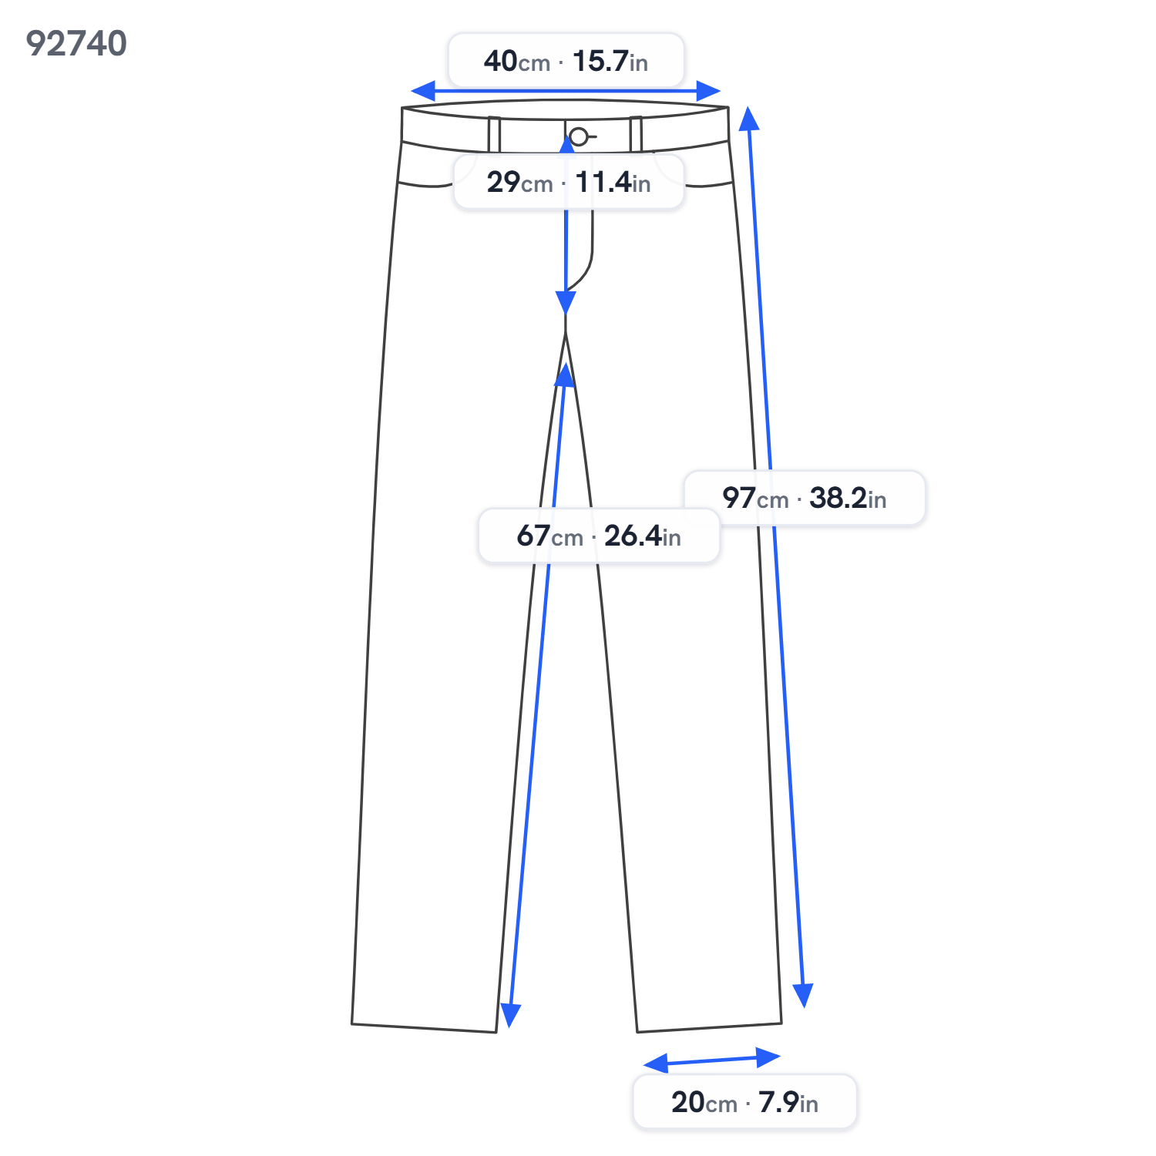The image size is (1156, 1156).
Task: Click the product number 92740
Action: tap(76, 44)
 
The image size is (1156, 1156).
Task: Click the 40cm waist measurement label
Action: tap(566, 60)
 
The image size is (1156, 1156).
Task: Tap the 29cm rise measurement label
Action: tap(569, 182)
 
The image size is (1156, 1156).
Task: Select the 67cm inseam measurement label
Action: tap(599, 536)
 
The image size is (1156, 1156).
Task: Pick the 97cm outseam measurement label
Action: tap(805, 498)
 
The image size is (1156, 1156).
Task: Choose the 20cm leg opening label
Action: tap(744, 1102)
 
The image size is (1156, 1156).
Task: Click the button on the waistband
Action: tap(579, 137)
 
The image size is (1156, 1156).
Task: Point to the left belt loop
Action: tap(494, 135)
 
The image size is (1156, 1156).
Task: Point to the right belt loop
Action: tap(636, 134)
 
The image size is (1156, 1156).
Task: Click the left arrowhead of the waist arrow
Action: tap(422, 91)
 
